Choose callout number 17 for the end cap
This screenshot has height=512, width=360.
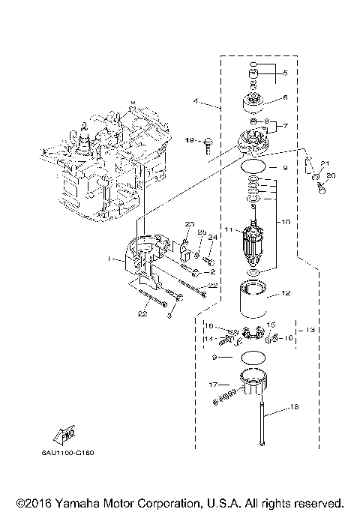pos(214,384)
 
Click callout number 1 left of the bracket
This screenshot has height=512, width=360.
pos(110,259)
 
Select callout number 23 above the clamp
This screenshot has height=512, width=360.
pos(190,224)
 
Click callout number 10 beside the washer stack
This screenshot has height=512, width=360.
pos(285,223)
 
